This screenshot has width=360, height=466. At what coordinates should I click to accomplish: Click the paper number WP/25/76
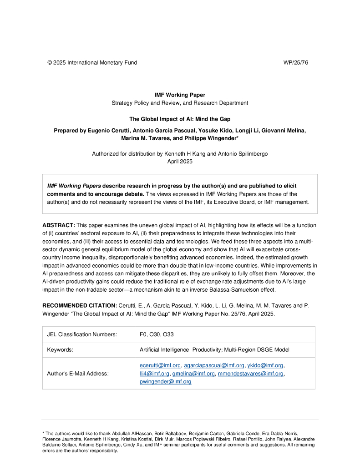[296, 62]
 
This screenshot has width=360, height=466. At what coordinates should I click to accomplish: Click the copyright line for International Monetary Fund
[92, 62]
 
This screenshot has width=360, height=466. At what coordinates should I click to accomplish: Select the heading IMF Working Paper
[180, 95]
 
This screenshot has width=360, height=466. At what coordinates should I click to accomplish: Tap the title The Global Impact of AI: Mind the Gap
[180, 119]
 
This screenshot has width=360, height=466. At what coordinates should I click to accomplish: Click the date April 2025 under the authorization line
[180, 161]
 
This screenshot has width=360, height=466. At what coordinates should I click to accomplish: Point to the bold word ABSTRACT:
[59, 225]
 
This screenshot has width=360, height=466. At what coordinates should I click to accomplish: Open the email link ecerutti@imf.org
[160, 365]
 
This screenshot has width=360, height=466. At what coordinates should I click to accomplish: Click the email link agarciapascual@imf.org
[214, 365]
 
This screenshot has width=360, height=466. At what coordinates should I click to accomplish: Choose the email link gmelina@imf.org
[193, 374]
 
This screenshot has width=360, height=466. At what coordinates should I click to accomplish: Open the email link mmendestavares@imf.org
[251, 374]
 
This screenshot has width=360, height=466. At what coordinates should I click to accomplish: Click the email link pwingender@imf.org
[165, 382]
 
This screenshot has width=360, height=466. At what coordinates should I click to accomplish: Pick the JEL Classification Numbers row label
[82, 334]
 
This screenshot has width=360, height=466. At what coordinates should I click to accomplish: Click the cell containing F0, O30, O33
[157, 334]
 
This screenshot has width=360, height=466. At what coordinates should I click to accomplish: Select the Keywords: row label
[60, 350]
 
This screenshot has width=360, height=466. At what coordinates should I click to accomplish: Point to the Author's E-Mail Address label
[78, 374]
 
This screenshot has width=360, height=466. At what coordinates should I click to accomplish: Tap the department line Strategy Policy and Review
[180, 103]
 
